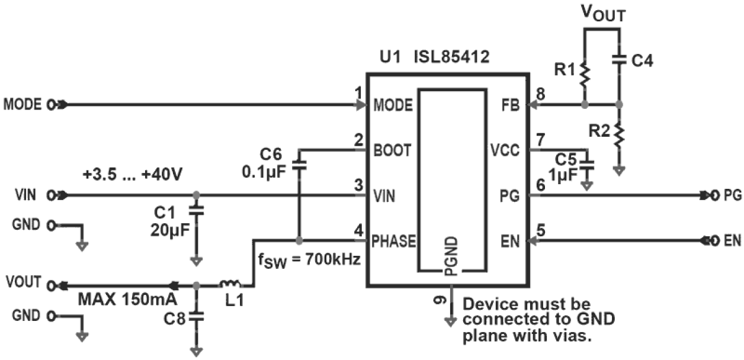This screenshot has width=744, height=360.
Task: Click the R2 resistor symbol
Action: point(620,135)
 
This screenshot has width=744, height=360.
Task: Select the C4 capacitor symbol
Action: point(620,59)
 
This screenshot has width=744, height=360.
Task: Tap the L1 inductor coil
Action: point(229,284)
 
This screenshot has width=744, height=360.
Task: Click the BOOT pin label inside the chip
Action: point(391,150)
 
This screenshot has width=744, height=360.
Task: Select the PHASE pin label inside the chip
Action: point(395,241)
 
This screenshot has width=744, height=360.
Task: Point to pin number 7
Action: point(540,140)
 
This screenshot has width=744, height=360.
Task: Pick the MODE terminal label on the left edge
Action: point(23,105)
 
